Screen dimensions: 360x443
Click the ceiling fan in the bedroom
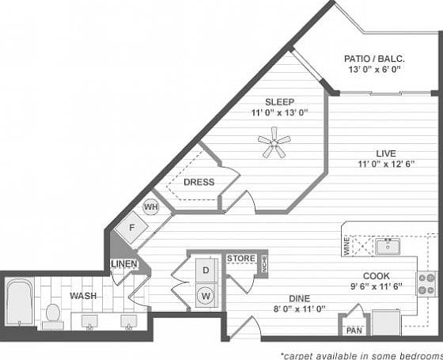click(x=275, y=146)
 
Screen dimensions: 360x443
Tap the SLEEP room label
click(x=279, y=101)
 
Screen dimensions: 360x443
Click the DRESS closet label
click(x=199, y=182)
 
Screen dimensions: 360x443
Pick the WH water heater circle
click(x=151, y=207)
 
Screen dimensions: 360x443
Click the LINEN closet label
click(x=125, y=263)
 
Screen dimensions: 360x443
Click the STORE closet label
click(x=241, y=259)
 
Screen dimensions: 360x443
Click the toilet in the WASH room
click(x=54, y=313)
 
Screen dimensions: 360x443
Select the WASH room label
click(x=83, y=295)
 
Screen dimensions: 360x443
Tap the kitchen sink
click(x=388, y=246)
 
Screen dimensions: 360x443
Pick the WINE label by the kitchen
click(x=345, y=246)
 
